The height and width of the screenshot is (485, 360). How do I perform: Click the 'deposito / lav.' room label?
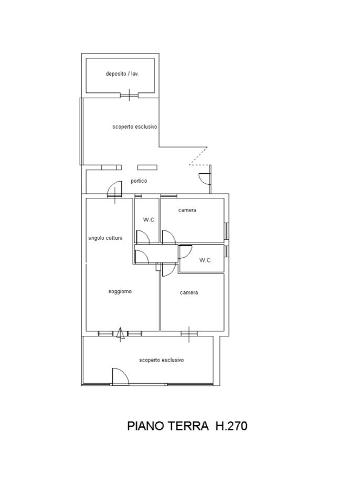[x=122, y=74]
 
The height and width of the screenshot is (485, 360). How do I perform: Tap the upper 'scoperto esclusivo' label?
[x=134, y=127]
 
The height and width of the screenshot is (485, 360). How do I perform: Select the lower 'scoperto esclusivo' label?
[x=162, y=360]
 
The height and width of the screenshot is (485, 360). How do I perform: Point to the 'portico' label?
[x=139, y=181]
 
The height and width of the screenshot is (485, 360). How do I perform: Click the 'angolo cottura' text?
[x=105, y=238]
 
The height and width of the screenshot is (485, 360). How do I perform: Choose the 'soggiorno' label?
[x=120, y=291]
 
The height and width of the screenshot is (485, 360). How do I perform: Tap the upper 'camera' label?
[x=187, y=210]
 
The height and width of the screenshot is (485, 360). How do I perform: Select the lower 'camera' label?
[x=189, y=292]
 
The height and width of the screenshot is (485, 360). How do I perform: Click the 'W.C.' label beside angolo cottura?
[x=149, y=220]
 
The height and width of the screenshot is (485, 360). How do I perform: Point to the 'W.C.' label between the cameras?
[x=205, y=260]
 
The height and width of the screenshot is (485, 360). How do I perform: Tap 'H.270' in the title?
[x=231, y=426]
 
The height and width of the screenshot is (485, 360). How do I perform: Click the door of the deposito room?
[x=129, y=95]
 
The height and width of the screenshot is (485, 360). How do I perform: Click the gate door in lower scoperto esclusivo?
[x=120, y=376]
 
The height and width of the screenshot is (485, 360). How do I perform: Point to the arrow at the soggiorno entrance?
[x=121, y=335]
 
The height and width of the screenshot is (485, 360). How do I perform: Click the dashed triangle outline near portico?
[x=198, y=156]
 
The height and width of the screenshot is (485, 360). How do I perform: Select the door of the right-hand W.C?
[x=185, y=252]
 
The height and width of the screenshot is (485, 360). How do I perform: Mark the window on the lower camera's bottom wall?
[x=189, y=333]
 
